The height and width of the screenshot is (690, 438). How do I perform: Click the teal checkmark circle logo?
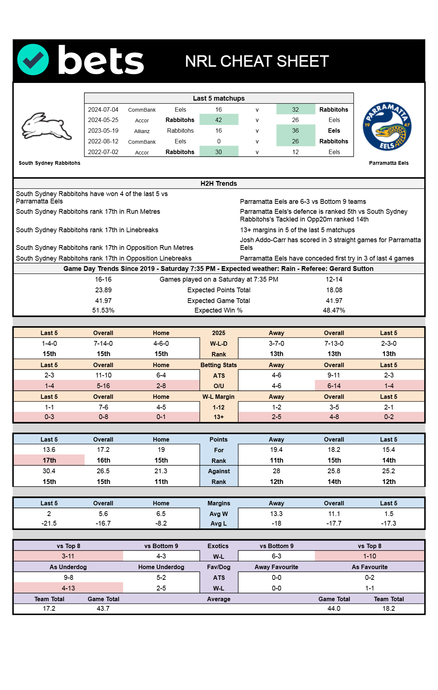pyautogui.click(x=33, y=60)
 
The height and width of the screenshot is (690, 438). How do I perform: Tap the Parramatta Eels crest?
pyautogui.click(x=387, y=126)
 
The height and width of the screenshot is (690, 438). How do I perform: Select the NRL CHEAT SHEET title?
pyautogui.click(x=257, y=62)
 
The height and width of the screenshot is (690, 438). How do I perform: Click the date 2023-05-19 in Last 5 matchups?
pyautogui.click(x=103, y=131)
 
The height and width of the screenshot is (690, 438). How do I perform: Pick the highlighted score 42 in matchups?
pyautogui.click(x=219, y=120)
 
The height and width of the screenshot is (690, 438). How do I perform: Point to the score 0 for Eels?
pyautogui.click(x=219, y=142)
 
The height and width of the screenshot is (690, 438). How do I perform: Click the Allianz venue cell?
pyautogui.click(x=142, y=131)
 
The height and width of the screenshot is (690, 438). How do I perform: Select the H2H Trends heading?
pyautogui.click(x=219, y=184)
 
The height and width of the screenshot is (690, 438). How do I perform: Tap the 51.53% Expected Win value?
pyautogui.click(x=103, y=310)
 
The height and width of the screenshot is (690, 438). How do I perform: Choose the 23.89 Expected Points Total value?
pyautogui.click(x=103, y=290)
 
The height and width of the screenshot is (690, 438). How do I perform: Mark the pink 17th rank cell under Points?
pyautogui.click(x=49, y=460)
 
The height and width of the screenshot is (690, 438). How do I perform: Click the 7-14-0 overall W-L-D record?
pyautogui.click(x=103, y=344)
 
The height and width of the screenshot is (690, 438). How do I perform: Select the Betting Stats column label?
pyautogui.click(x=219, y=365)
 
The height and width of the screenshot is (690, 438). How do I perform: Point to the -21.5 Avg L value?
pyautogui.click(x=49, y=523)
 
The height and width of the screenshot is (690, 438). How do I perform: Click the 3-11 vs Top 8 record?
pyautogui.click(x=68, y=556)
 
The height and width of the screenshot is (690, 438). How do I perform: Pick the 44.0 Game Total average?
pyautogui.click(x=334, y=609)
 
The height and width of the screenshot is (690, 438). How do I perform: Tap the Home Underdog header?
pyautogui.click(x=161, y=567)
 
